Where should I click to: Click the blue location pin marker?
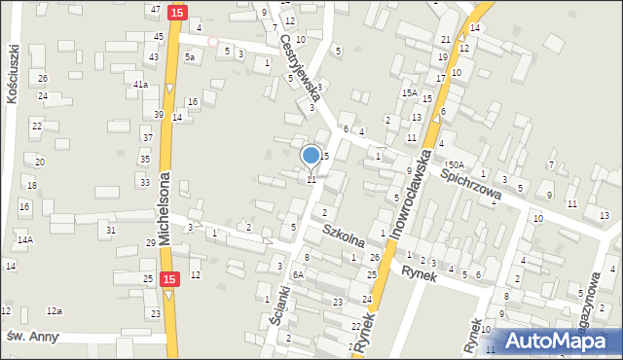(x=311, y=155)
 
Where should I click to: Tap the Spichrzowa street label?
(x=471, y=183)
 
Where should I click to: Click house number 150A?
(x=455, y=166)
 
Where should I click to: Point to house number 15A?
(x=410, y=93)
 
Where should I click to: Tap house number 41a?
(x=140, y=85)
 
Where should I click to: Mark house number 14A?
(x=24, y=239)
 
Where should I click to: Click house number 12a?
(x=55, y=311)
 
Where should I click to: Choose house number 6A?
(x=300, y=274)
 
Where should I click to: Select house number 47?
(x=156, y=9)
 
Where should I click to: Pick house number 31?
(x=111, y=230)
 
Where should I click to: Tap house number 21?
(x=445, y=39)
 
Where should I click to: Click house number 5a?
(x=191, y=56)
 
